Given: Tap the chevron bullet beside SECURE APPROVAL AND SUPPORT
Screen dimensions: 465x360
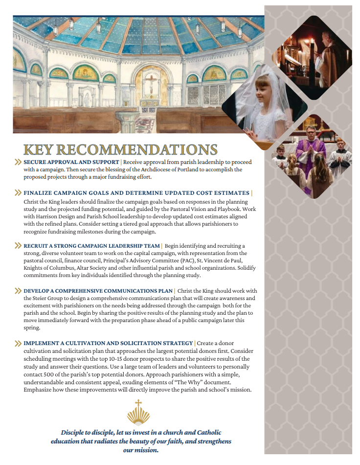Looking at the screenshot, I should (18, 162).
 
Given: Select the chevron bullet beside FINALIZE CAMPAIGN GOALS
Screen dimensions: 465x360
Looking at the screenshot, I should (18, 193).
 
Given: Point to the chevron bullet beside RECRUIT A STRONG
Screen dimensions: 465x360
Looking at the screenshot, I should (18, 245).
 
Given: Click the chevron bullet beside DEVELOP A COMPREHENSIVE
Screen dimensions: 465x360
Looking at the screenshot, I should (18, 291).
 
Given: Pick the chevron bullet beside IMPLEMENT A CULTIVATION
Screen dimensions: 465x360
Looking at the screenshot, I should (18, 343).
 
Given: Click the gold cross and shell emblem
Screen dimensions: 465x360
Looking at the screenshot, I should (138, 412).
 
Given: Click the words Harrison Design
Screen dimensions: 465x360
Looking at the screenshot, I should (60, 217).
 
